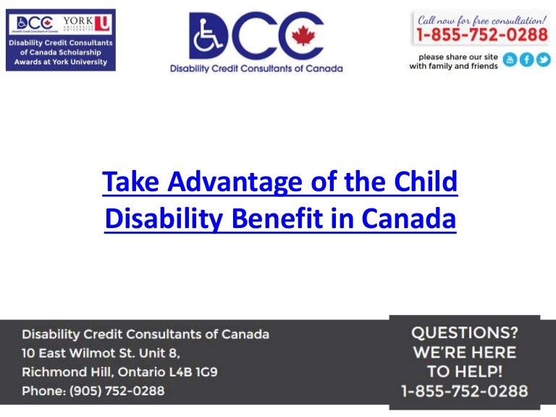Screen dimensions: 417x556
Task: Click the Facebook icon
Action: [526, 60]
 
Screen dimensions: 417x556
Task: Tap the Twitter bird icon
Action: [542, 60]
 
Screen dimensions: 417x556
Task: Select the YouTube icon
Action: [510, 60]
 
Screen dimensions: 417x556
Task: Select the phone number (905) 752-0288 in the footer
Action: [117, 391]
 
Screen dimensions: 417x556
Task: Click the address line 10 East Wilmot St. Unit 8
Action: [101, 353]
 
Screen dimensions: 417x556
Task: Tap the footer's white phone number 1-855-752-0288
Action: [464, 391]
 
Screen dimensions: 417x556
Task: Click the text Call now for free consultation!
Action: [481, 17]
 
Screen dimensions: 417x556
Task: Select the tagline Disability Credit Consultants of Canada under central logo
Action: [256, 69]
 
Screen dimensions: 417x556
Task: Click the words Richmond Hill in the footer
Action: [58, 372]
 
